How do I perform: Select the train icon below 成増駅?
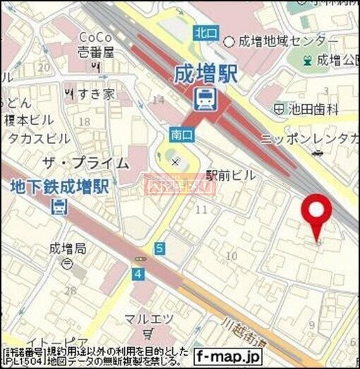(205, 99)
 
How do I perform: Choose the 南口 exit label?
(177, 132)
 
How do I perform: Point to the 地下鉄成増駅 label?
(59, 187)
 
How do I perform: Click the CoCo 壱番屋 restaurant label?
(96, 44)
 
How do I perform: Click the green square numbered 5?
(160, 248)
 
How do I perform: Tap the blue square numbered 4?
(138, 273)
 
